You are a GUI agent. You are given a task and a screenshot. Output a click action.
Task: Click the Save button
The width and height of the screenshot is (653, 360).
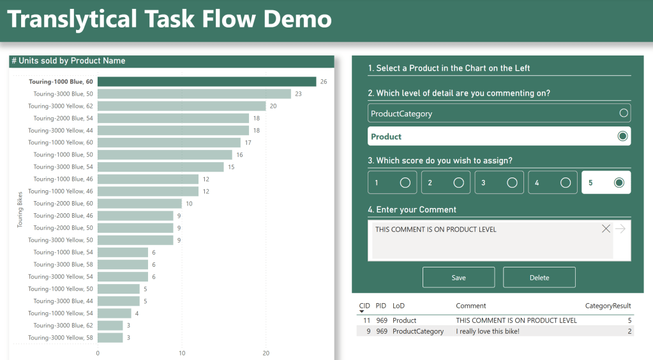pos(458,278)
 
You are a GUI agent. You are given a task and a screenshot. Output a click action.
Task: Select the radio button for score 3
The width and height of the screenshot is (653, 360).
pos(512,183)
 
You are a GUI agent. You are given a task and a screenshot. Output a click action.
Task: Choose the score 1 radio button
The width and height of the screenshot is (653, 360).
pos(405,183)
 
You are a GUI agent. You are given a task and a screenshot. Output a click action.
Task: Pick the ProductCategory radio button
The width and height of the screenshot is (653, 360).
pos(624,114)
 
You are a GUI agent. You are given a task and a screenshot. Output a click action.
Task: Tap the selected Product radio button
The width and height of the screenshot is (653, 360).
pos(624,137)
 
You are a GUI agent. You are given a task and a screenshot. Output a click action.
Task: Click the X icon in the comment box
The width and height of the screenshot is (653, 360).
pos(606,229)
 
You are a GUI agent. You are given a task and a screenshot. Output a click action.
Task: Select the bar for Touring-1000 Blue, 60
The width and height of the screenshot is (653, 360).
pos(206,82)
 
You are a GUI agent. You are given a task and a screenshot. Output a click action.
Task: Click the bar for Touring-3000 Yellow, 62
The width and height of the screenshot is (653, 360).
pos(181,106)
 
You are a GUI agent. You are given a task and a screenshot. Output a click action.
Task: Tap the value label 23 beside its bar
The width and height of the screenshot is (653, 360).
pos(298,94)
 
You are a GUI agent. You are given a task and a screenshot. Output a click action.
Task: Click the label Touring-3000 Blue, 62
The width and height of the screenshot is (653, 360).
pos(63,326)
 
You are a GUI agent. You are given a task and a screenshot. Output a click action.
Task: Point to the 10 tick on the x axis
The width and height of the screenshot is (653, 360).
pos(182,353)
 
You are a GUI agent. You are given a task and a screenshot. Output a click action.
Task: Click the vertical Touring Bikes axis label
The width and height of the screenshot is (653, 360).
pos(20,209)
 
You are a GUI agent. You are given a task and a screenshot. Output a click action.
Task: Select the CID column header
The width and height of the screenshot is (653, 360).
pos(364,306)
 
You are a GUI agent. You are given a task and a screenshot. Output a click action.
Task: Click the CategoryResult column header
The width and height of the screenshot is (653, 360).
pos(608,306)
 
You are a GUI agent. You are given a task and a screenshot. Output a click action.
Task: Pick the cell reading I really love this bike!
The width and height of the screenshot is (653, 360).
pos(486,331)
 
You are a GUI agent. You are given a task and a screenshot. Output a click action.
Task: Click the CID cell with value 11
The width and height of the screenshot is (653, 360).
pos(366,320)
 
